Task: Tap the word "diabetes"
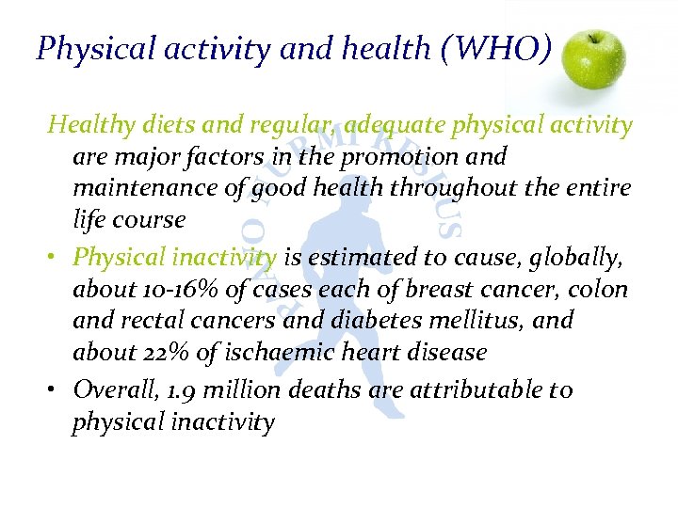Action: (415, 321)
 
